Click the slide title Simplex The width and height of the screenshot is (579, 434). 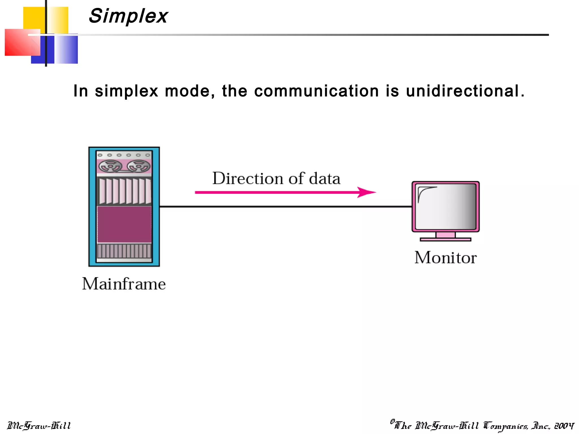(128, 16)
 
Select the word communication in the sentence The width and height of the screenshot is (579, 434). (316, 91)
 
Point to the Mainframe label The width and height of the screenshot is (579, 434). (124, 284)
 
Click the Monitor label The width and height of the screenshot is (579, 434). (446, 257)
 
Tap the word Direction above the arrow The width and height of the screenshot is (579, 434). (248, 179)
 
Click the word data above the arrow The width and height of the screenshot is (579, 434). (325, 179)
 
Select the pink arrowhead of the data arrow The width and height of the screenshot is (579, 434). (367, 192)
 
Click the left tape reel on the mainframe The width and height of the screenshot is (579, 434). (110, 166)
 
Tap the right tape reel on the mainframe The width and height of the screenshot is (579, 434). (138, 166)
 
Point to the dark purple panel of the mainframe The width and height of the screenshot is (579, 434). (124, 224)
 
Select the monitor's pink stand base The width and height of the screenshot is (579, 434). (446, 239)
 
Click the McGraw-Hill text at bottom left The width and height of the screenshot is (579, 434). (39, 426)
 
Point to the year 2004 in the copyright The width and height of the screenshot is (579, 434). (564, 426)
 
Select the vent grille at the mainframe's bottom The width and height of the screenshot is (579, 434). (124, 251)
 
